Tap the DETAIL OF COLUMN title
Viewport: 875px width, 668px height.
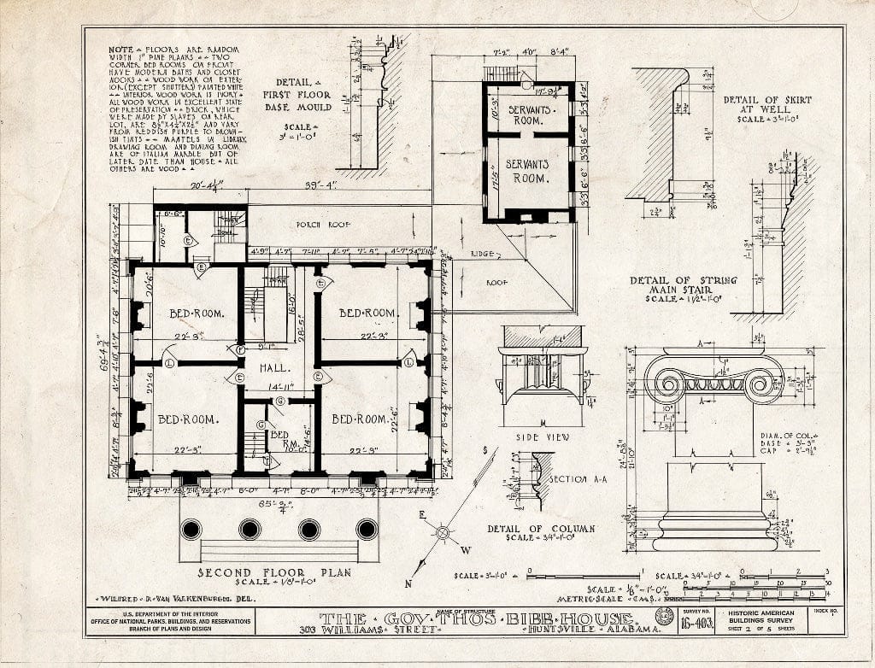[541, 530]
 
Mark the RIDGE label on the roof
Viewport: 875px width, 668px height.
[484, 255]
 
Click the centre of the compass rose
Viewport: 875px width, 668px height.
[443, 532]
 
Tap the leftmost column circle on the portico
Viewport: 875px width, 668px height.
[191, 529]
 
